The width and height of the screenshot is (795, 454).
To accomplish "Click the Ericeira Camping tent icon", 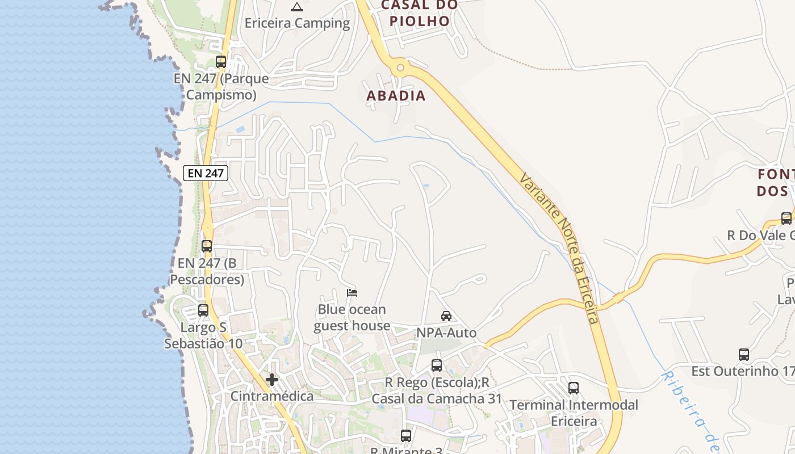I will (296, 7).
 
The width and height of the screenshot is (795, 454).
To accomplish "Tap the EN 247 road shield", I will (206, 173).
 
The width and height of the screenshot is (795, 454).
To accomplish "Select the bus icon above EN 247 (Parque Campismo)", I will (221, 62).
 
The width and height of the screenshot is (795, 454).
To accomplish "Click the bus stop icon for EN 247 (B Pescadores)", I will (207, 246).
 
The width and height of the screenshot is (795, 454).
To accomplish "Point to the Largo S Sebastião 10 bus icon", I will (203, 310).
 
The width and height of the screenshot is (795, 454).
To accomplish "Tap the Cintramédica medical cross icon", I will (272, 380).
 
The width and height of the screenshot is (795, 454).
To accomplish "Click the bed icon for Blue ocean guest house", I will (352, 293).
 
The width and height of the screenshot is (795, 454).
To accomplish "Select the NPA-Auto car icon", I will (446, 316).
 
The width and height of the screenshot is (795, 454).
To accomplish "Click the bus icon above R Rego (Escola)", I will (437, 365).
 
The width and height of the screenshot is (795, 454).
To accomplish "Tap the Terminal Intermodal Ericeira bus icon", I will (574, 388).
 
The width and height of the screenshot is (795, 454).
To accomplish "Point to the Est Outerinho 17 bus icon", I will (744, 355).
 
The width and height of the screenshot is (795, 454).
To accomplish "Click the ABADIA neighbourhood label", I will (396, 96).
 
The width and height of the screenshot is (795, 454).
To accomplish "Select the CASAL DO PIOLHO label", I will (419, 13).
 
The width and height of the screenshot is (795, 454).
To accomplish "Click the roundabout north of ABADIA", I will (400, 68).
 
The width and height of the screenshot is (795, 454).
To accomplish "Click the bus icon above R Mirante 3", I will (406, 436).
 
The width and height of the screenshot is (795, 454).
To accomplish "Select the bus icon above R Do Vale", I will (786, 218).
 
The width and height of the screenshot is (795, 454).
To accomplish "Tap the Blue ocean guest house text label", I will (352, 317).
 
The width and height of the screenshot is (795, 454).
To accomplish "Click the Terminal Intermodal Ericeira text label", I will (574, 413).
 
